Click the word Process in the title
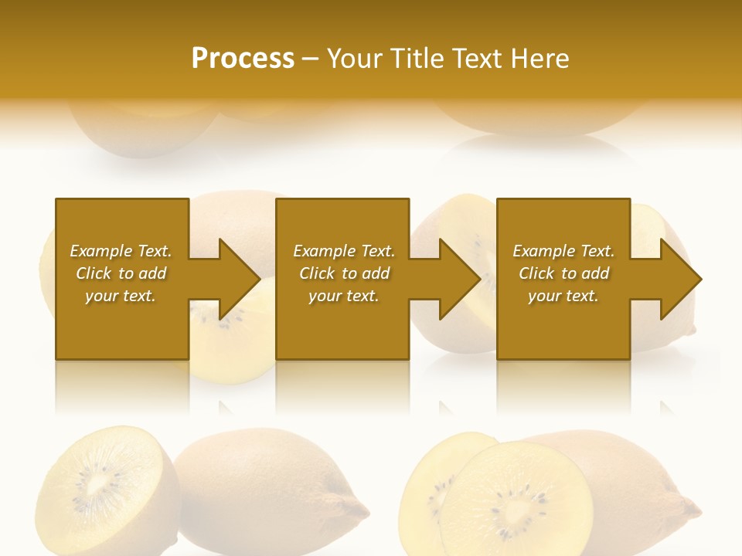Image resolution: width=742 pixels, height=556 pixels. click(x=243, y=59)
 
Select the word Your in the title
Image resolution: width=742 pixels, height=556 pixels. click(x=356, y=59)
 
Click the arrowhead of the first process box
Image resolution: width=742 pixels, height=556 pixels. click(x=240, y=279)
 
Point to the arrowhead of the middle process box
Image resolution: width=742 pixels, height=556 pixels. click(x=461, y=279)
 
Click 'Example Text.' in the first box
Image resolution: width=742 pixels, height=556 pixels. click(x=121, y=251)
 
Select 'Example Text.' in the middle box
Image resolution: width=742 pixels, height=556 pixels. click(x=343, y=251)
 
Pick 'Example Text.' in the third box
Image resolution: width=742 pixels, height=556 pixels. click(x=563, y=251)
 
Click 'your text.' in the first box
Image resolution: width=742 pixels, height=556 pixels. click(x=121, y=296)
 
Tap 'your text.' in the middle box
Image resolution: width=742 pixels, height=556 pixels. click(x=343, y=296)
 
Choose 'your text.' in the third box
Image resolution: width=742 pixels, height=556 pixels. click(x=563, y=296)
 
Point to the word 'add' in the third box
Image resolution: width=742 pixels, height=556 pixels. click(x=594, y=273)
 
